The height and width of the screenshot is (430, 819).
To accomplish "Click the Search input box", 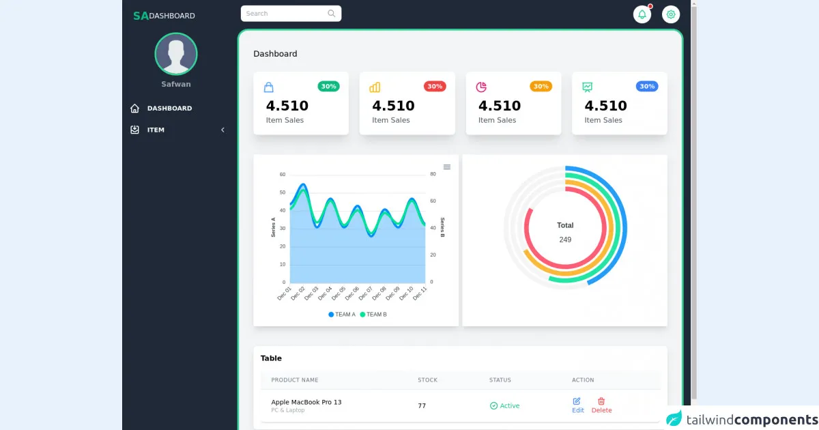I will point(287,14).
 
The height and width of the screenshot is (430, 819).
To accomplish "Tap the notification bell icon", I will point(642,14).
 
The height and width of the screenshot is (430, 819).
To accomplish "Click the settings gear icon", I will point(671,14).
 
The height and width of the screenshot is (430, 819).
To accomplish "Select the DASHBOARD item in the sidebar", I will point(169,109).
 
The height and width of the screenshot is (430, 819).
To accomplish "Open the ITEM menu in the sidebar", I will point(156,130).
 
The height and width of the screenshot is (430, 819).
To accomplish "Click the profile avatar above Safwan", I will point(176,53).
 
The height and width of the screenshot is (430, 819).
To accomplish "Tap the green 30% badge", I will point(328,87).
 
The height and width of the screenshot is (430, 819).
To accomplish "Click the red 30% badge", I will point(435,87).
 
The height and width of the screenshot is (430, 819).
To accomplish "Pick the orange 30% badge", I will point(541,87).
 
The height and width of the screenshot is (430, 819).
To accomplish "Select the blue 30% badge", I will point(647,87).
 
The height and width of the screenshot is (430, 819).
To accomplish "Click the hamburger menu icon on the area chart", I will point(447,167).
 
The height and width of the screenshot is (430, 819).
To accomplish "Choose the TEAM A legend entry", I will point(342,315).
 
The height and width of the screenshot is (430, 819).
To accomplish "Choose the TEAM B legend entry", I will point(373,315).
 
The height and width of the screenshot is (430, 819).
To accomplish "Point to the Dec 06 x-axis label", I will point(352,293).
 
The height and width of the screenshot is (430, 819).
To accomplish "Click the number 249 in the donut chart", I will point(565,240).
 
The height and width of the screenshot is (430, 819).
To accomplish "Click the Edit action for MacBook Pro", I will point(577,405).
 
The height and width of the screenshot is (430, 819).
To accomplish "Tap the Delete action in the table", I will point(601,405).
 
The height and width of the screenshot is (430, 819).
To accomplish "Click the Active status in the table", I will point(505,406).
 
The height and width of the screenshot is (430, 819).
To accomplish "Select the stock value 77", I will point(422,406).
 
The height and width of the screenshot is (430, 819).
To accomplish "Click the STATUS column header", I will point(500,380).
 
